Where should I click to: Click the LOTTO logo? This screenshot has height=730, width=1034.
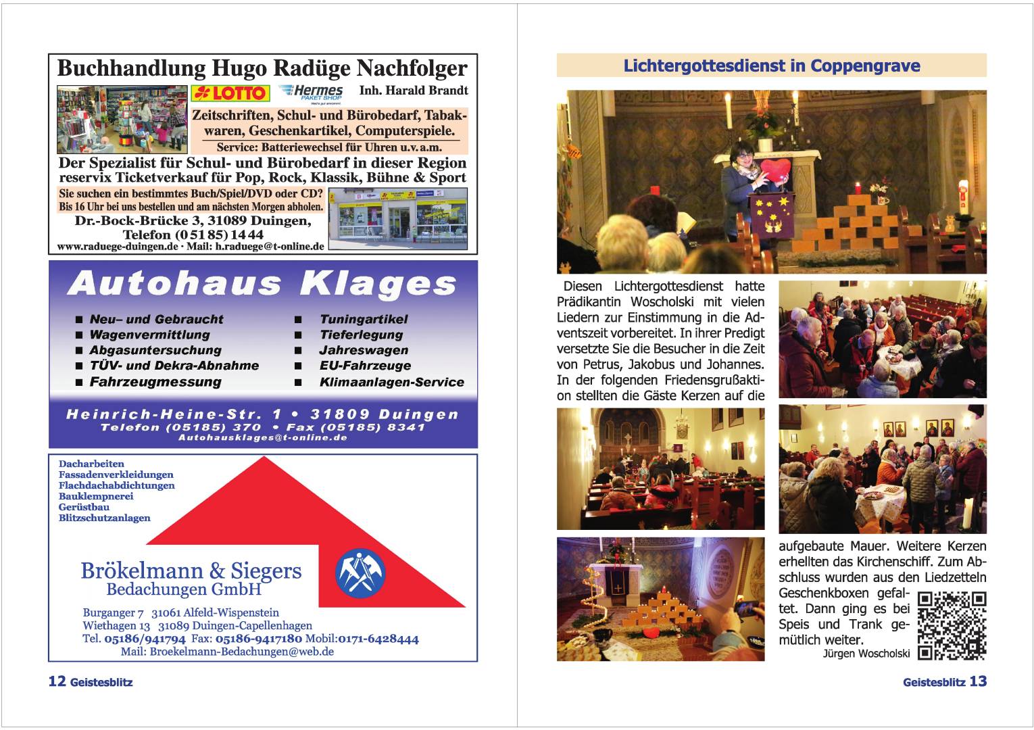(230, 93)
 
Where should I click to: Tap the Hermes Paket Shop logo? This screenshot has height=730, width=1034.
(311, 92)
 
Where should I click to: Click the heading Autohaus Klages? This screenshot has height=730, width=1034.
(262, 283)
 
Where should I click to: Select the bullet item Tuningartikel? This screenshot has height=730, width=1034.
(363, 319)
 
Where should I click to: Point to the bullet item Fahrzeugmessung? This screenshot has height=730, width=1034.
(155, 382)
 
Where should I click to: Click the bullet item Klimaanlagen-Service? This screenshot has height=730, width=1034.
(391, 382)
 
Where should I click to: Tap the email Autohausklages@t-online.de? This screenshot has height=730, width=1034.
(262, 438)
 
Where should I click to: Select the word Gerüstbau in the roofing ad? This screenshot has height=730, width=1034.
(84, 507)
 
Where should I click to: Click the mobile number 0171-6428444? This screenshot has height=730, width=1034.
(378, 639)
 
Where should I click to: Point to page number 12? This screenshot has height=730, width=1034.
(57, 681)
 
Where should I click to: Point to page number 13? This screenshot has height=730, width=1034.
(978, 681)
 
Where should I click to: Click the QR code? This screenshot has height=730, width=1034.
(952, 626)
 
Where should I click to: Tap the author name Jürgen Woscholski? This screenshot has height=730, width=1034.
(866, 654)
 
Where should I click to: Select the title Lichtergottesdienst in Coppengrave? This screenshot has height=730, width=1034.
(771, 66)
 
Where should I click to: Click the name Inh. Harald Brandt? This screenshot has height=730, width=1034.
(413, 90)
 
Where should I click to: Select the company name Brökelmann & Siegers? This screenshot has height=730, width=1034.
(191, 570)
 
